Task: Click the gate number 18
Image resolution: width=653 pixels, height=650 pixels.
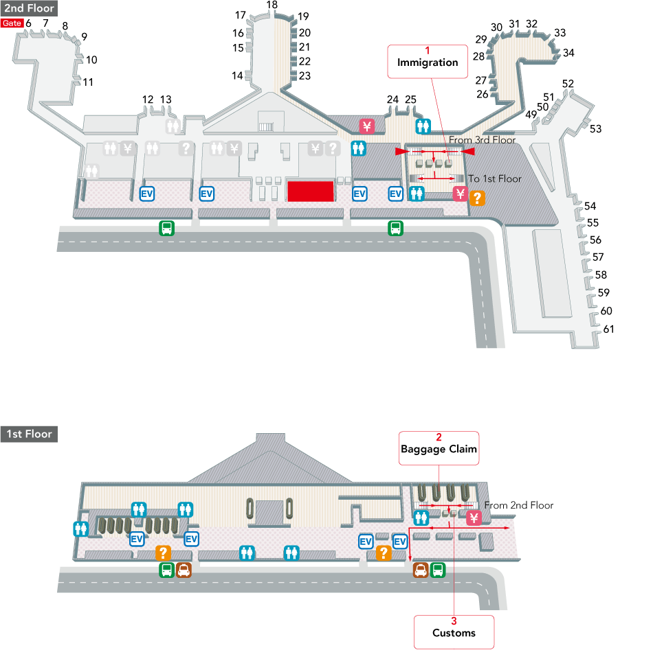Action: [x=272, y=5]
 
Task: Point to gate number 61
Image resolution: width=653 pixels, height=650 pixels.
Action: [x=608, y=329]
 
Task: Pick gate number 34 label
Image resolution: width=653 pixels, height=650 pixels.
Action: [x=568, y=52]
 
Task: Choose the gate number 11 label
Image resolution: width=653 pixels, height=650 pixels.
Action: [x=88, y=82]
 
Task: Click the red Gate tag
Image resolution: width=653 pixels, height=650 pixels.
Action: [x=12, y=23]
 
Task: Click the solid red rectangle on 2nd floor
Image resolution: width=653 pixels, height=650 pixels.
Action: [x=310, y=191]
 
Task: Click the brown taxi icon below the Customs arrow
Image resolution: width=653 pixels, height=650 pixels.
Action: [x=419, y=570]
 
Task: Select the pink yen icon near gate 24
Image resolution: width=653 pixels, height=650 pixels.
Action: [x=367, y=126]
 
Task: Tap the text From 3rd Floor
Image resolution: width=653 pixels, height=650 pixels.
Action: [x=482, y=140]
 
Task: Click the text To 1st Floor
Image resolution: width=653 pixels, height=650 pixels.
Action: [x=495, y=178]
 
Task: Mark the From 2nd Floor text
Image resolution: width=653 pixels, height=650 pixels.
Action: [x=518, y=505]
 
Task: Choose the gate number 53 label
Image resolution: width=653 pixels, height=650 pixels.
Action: [x=595, y=128]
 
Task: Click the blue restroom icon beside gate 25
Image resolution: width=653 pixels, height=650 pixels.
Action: [x=423, y=126]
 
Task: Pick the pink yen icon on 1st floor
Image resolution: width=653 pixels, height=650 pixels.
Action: [x=473, y=518]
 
